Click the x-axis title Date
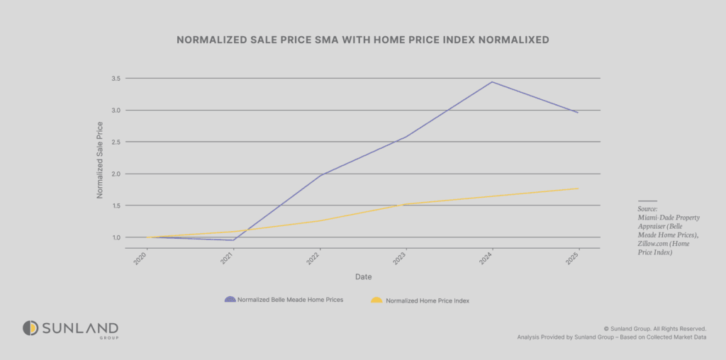[362, 276]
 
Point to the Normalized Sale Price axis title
[100, 160]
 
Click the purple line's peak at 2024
[492, 81]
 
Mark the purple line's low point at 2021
[233, 240]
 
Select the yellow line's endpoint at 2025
[579, 189]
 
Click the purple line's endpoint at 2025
[579, 113]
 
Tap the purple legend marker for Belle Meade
[230, 300]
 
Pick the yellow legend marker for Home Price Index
[376, 300]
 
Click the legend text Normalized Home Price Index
[428, 300]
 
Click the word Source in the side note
[647, 210]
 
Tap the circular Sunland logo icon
[30, 328]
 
